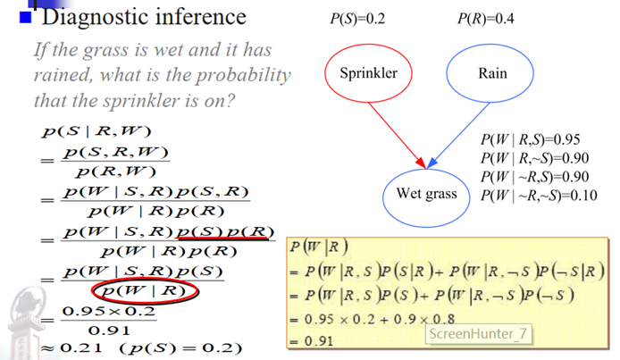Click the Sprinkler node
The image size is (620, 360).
point(368,73)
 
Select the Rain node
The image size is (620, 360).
point(491,73)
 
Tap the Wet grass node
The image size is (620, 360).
point(426,194)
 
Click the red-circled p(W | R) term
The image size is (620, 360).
point(143,291)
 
